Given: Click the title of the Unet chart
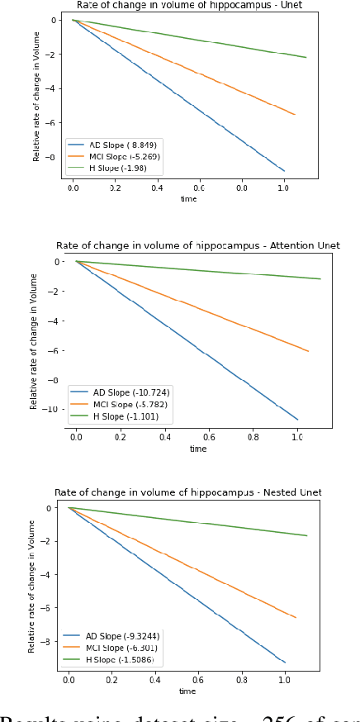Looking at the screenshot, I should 188,5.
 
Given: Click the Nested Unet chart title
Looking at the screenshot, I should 188,492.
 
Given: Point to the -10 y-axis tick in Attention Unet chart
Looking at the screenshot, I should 54,410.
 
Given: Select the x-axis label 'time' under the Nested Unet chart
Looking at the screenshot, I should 188,691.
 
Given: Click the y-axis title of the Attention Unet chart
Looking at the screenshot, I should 35,341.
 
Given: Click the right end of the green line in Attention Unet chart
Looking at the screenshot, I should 320,279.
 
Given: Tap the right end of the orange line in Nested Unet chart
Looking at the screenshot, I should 296,617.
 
